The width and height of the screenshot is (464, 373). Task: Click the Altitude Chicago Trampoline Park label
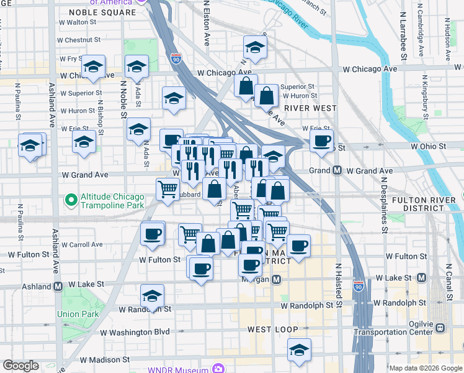(x=111, y=200)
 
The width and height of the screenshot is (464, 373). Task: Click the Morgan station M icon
(x=277, y=280)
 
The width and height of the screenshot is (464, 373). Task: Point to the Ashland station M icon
(x=57, y=287)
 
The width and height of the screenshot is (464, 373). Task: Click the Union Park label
(x=78, y=314)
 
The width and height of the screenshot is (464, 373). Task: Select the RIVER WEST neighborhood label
(x=310, y=108)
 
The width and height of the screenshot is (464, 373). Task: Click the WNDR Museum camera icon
(x=218, y=369)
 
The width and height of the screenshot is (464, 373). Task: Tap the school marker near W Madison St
(x=299, y=349)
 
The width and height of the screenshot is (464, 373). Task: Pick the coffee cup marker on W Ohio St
(x=321, y=141)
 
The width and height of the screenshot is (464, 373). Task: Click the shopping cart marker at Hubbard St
(x=167, y=189)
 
